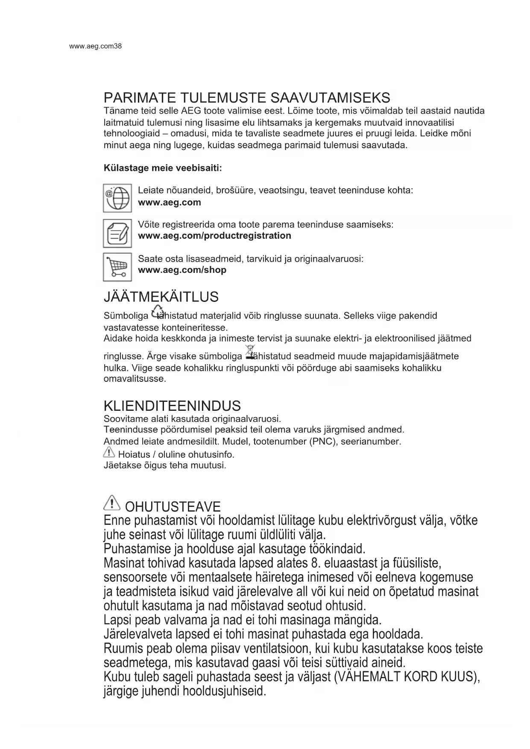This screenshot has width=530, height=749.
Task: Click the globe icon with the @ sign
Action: pos(117,198)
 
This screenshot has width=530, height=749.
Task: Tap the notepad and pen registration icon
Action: pos(117,233)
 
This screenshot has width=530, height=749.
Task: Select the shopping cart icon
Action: pos(117,267)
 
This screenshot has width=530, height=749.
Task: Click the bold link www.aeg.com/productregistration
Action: pos(214,236)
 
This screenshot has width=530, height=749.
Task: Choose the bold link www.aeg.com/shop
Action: pos(182,270)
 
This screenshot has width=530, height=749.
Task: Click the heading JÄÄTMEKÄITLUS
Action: pos(161,297)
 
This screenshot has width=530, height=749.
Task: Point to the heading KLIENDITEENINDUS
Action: pos(172,406)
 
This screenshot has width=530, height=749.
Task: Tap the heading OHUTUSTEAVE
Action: pos(173,507)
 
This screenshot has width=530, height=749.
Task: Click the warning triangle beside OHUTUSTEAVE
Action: pos(112,503)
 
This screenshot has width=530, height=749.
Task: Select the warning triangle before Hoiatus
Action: pos(109,452)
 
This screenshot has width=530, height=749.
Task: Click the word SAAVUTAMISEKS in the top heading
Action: pos(331,98)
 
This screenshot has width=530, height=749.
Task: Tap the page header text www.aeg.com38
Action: pos(95,46)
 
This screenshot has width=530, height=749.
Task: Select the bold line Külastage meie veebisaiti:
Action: pos(163,168)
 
